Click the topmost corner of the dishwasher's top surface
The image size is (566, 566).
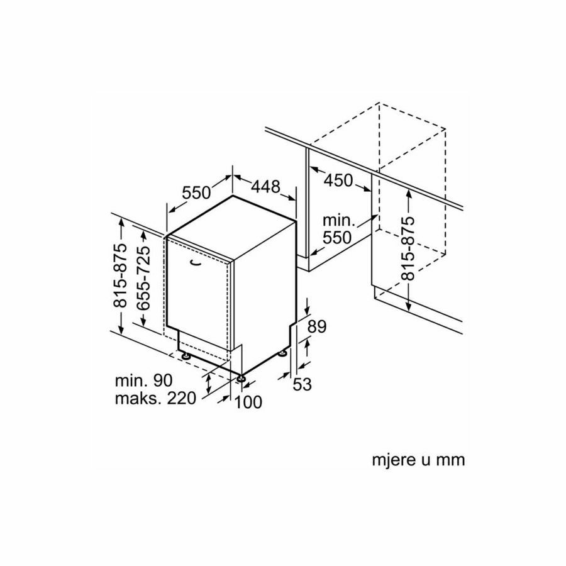[233, 196]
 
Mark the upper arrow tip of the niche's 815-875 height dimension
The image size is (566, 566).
[409, 190]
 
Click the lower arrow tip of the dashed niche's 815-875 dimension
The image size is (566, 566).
[409, 311]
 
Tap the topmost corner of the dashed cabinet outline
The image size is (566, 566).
[379, 103]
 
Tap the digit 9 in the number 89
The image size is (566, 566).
[321, 326]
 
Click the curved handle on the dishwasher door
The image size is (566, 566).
[196, 263]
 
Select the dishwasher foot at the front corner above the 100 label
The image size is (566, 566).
[240, 379]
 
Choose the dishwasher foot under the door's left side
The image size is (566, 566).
[186, 355]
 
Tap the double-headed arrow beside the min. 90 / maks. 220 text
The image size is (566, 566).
[209, 384]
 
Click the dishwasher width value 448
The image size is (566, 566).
[265, 187]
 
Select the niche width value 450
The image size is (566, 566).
[338, 180]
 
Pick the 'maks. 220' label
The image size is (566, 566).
[155, 398]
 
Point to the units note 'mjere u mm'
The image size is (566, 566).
[418, 460]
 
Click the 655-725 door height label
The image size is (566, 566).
[143, 277]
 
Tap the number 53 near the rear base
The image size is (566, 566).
[302, 384]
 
